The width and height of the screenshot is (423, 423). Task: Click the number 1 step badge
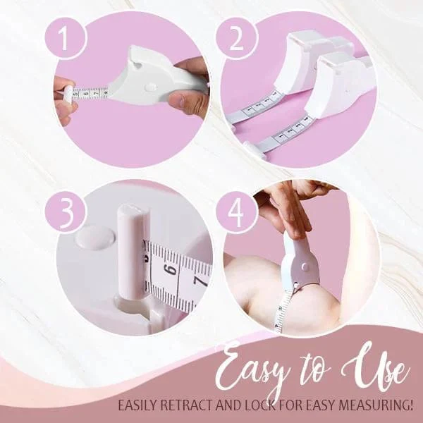point(65,38)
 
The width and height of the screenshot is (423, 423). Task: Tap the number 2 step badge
point(237,38)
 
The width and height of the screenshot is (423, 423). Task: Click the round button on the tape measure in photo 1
point(150,87)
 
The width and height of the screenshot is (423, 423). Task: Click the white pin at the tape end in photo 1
point(68,94)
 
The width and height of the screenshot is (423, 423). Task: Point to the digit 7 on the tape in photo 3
point(201,282)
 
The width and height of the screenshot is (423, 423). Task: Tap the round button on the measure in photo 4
point(305,266)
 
